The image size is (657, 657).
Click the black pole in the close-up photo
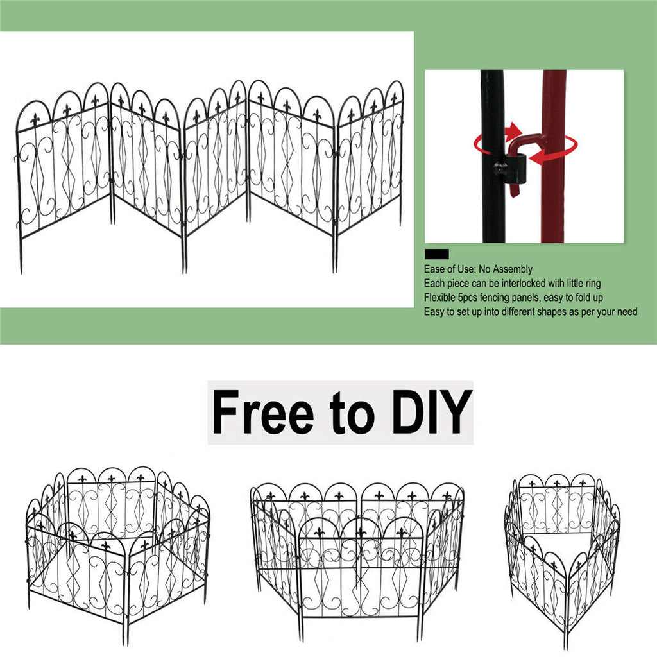(x=492, y=205)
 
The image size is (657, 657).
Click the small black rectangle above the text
(x=436, y=254)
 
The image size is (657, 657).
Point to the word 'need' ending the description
(x=626, y=312)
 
